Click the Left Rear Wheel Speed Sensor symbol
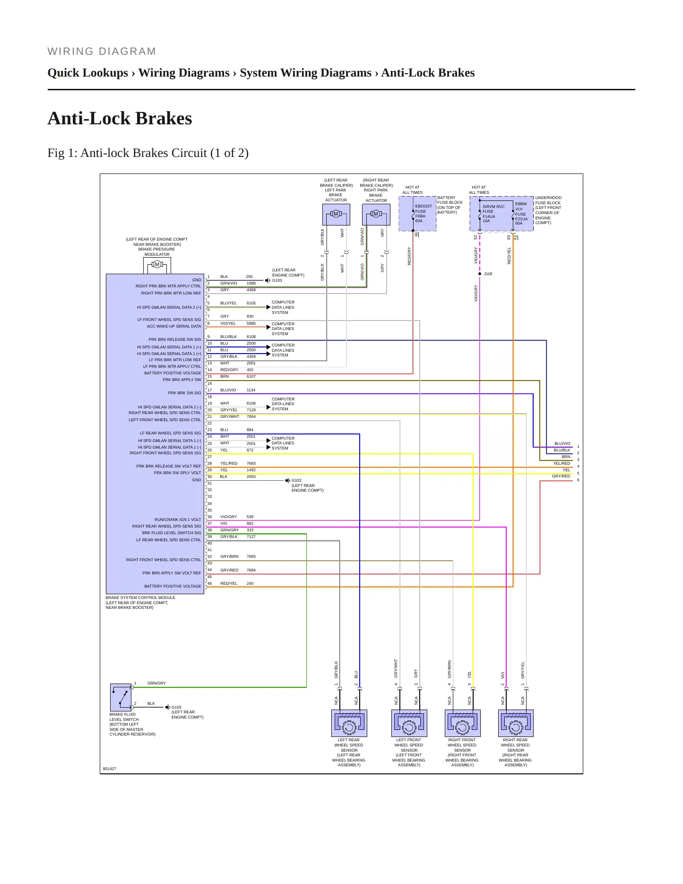tap(349, 723)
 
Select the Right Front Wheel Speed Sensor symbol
tap(463, 723)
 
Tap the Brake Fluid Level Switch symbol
tap(121, 697)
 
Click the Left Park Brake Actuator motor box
tap(336, 215)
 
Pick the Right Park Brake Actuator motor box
tap(376, 215)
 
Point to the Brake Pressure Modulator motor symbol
tap(157, 265)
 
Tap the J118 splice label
tap(488, 274)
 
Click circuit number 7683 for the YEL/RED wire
tap(251, 463)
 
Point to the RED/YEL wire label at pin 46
tap(229, 583)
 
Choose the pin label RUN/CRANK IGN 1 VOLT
tap(178, 520)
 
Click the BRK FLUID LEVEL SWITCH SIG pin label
tap(172, 533)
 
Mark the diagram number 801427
tap(109, 769)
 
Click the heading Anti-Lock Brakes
tap(120, 118)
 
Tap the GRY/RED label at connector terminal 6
tap(561, 476)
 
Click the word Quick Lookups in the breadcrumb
tap(88, 73)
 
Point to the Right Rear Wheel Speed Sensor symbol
tap(516, 723)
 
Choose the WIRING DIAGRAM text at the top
tap(102, 52)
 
